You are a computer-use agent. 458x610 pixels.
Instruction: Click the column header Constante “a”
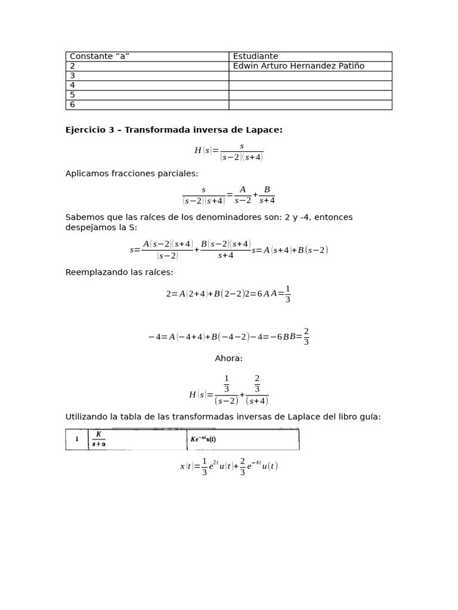coord(100,57)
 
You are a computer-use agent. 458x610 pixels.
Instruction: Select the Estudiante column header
coord(255,57)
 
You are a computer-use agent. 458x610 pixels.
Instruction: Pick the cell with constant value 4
coord(73,85)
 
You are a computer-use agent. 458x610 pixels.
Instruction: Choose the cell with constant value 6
coord(73,105)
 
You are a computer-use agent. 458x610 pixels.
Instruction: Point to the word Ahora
coord(228,358)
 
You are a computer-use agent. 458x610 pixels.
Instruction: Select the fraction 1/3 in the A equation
coord(287,294)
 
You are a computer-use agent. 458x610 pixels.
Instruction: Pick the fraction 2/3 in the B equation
coord(306,337)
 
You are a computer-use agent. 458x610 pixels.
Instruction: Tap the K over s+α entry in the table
coord(98,439)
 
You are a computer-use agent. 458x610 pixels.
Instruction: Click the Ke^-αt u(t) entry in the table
coord(203,439)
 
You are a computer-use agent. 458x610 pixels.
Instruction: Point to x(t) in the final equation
coord(186,466)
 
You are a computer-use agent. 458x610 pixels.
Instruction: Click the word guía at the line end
coord(370,416)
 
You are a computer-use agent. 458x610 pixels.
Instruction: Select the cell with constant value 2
coord(73,66)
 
